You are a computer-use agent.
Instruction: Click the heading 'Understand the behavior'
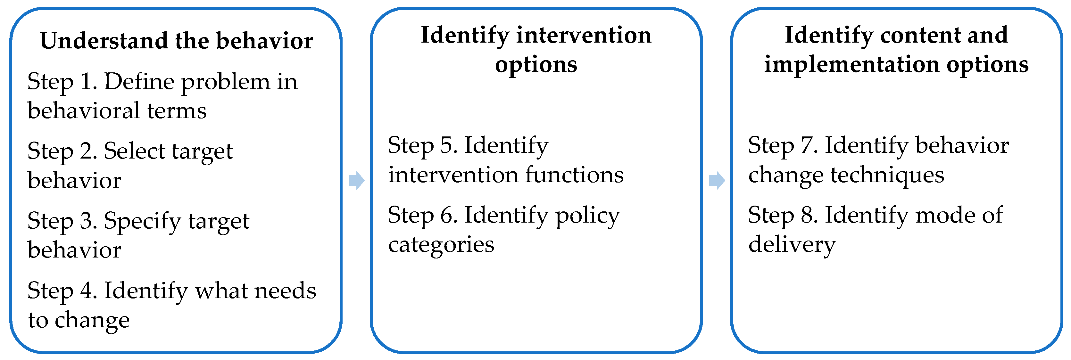click(x=176, y=41)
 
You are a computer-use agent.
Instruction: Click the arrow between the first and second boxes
click(x=357, y=180)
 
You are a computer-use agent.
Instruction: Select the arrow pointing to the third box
click(x=717, y=180)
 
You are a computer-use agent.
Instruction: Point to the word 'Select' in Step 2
click(x=134, y=151)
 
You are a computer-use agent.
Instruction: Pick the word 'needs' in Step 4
click(x=285, y=290)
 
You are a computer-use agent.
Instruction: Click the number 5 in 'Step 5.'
click(x=446, y=145)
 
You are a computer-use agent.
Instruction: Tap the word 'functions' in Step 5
click(x=575, y=174)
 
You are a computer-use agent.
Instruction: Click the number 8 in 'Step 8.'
click(x=806, y=215)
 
